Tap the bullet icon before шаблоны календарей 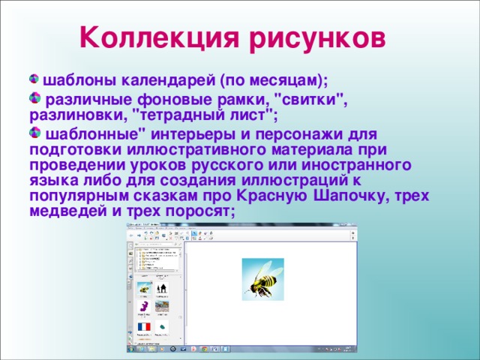click(34, 79)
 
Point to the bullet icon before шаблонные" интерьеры click(34, 133)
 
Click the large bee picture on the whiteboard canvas click(262, 279)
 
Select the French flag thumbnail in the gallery click(143, 328)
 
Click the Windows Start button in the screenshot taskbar click(131, 349)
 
